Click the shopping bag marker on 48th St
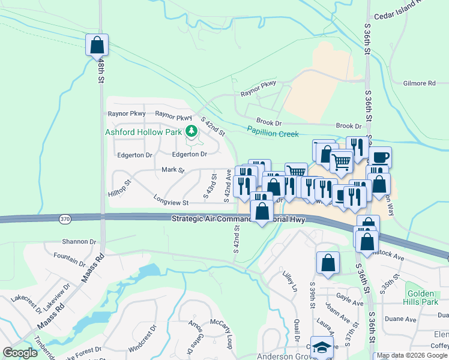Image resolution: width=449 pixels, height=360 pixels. tap(97, 45)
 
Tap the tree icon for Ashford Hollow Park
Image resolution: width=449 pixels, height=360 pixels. tap(191, 131)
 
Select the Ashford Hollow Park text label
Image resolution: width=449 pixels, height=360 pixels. tap(144, 131)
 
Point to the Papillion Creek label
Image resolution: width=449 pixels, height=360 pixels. tap(273, 131)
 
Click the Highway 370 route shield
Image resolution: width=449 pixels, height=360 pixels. tap(65, 220)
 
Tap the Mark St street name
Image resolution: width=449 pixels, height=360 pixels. tap(173, 170)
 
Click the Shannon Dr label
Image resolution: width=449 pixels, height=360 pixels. tap(79, 242)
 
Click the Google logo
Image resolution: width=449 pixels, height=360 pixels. tap(20, 353)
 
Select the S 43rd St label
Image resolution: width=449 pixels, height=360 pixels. tap(210, 185)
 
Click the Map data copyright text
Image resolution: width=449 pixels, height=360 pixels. tap(412, 355)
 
